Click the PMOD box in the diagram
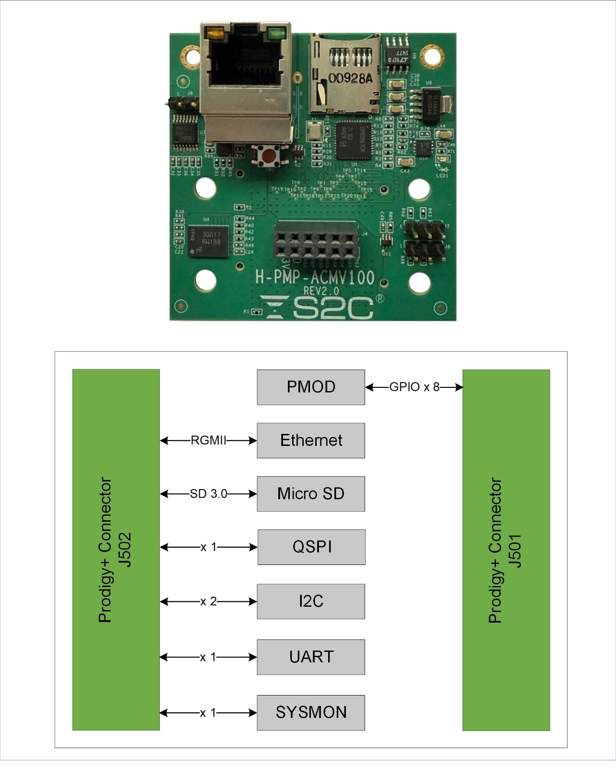[x=311, y=387]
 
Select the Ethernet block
[x=311, y=440]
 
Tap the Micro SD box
[x=311, y=493]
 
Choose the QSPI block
[x=311, y=547]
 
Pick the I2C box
[x=311, y=601]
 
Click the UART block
[x=311, y=657]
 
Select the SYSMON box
[x=311, y=712]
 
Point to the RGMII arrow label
[x=208, y=440]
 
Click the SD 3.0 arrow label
[x=208, y=493]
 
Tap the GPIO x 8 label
[x=414, y=387]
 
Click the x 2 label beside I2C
[x=208, y=601]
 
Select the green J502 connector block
[x=116, y=550]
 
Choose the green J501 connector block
[x=506, y=550]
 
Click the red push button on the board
[x=270, y=156]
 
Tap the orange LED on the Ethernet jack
[x=213, y=34]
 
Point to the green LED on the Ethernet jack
[x=277, y=34]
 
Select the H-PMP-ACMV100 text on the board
[x=315, y=277]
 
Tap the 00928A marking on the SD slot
[x=350, y=78]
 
